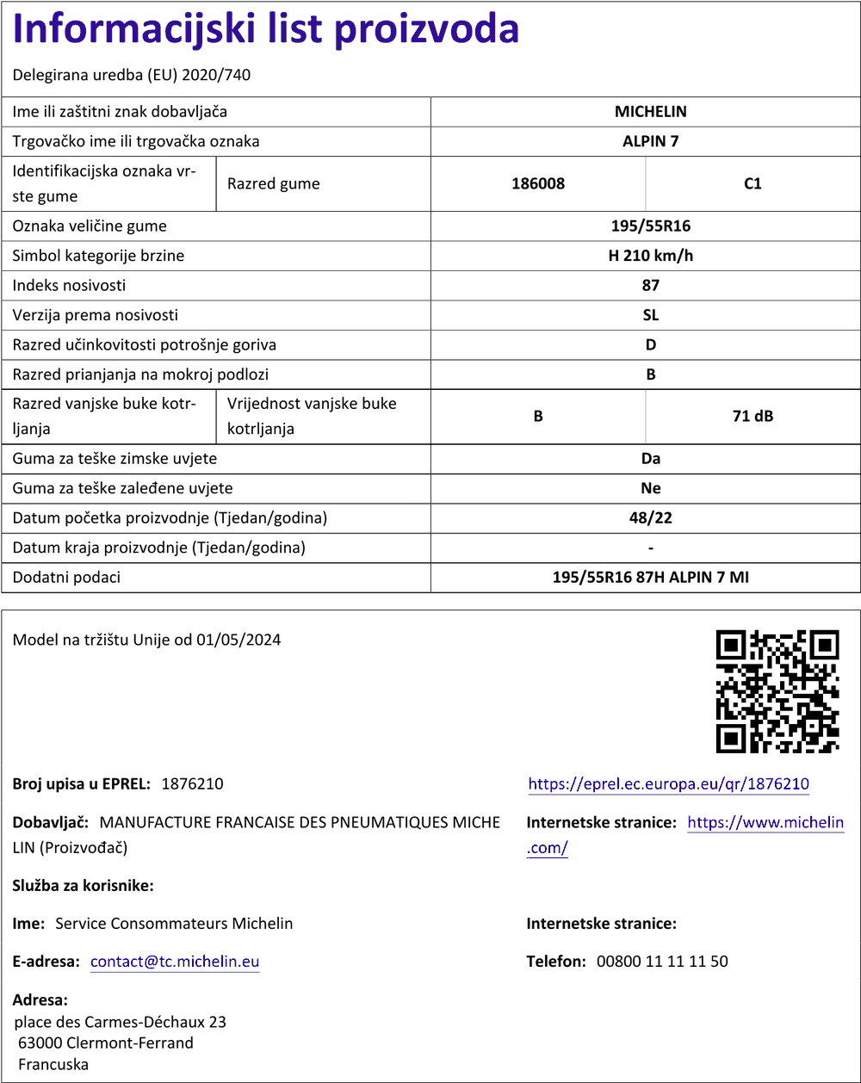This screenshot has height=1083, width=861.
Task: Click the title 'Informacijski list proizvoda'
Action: pyautogui.click(x=266, y=30)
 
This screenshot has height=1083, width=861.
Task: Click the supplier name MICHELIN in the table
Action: pyautogui.click(x=650, y=112)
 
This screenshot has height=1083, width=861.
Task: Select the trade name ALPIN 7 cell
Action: pyautogui.click(x=650, y=141)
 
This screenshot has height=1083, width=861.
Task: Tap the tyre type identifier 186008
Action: pyautogui.click(x=538, y=183)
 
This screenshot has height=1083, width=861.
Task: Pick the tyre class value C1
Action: pyautogui.click(x=753, y=183)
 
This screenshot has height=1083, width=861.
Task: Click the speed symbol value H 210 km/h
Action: pyautogui.click(x=650, y=256)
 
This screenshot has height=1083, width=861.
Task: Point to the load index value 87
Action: pyautogui.click(x=650, y=285)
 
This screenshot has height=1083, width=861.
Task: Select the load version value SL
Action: pyautogui.click(x=650, y=315)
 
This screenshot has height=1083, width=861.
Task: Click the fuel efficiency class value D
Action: pyautogui.click(x=650, y=344)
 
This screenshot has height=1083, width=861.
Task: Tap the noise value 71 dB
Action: pyautogui.click(x=753, y=417)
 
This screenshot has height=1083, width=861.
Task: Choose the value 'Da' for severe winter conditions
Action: pyautogui.click(x=650, y=459)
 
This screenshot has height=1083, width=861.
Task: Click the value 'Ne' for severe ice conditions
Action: pyautogui.click(x=650, y=488)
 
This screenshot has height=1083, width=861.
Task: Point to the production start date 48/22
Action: pyautogui.click(x=650, y=518)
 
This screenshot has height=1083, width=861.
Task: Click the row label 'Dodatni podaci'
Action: pyautogui.click(x=66, y=578)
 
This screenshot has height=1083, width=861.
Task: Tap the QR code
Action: pyautogui.click(x=777, y=691)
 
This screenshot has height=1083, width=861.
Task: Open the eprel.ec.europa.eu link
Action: pyautogui.click(x=668, y=784)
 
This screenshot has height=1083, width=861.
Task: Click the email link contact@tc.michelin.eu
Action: pyautogui.click(x=175, y=962)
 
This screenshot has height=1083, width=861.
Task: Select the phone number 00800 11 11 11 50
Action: pyautogui.click(x=662, y=962)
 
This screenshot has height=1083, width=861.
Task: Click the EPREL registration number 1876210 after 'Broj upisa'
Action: pyautogui.click(x=192, y=784)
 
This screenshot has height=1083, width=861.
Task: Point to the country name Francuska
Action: pyautogui.click(x=53, y=1064)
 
